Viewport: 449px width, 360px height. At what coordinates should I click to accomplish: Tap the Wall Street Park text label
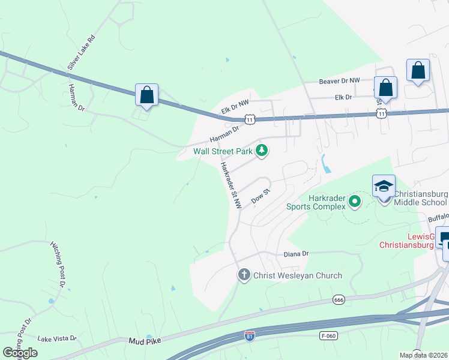pos(223,151)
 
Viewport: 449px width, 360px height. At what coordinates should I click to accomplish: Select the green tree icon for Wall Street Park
pos(261,151)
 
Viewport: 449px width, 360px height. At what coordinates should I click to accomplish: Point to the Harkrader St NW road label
pos(231,185)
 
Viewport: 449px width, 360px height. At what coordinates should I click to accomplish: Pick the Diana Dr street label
pos(296,254)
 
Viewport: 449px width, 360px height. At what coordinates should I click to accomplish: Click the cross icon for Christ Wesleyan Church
pos(244,275)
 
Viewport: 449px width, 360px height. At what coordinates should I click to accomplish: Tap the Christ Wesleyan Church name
pos(297,275)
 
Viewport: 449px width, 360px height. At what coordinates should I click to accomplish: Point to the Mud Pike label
pos(144,341)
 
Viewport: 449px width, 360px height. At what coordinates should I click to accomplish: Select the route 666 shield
pos(339,299)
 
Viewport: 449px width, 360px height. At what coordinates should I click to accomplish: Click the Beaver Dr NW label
pos(339,80)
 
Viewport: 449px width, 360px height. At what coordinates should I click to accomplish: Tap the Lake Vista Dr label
pos(58,338)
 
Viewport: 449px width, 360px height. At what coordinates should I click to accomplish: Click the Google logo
pos(20,352)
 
